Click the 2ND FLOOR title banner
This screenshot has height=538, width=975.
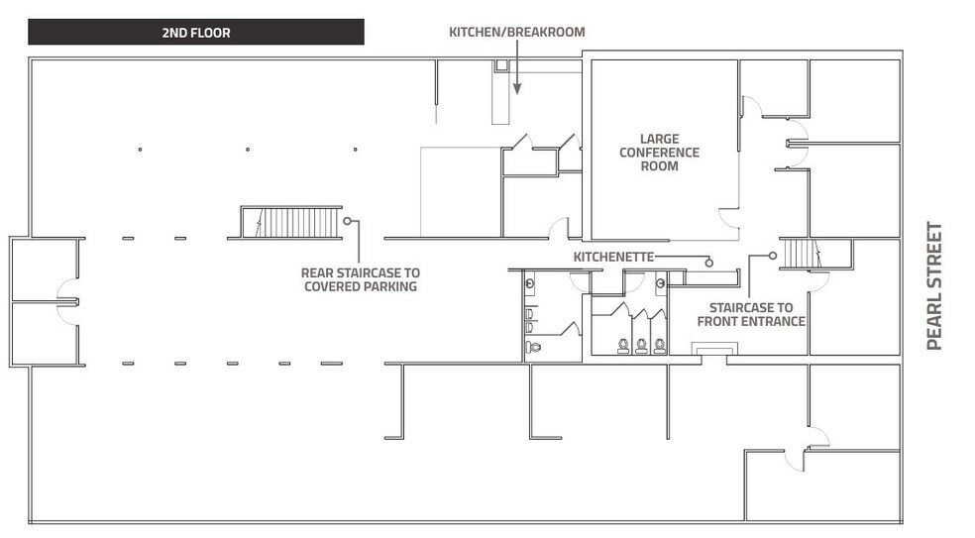(x=195, y=33)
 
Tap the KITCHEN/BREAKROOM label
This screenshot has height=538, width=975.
(x=516, y=32)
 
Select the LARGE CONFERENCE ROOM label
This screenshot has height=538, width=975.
(x=659, y=153)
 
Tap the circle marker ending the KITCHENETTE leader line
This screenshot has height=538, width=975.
(x=709, y=262)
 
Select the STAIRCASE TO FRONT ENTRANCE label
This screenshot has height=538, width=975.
(x=751, y=314)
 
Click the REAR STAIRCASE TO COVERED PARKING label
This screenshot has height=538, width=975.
(x=360, y=279)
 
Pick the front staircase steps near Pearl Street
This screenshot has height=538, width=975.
(x=799, y=254)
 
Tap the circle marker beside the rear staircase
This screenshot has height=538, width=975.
(x=348, y=221)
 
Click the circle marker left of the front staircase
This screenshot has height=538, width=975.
(x=770, y=255)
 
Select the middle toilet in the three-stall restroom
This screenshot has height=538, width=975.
(x=641, y=345)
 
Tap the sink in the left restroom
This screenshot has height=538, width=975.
(x=532, y=282)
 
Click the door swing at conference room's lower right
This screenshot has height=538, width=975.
(x=729, y=219)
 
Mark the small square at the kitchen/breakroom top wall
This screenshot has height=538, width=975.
(x=501, y=66)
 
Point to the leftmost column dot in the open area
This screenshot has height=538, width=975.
(x=140, y=150)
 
